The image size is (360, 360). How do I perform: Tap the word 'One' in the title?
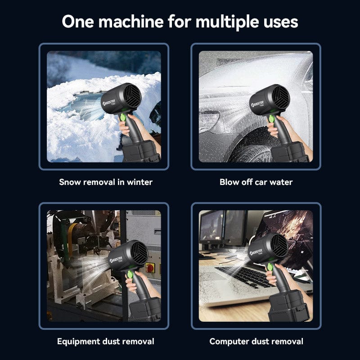(78, 22)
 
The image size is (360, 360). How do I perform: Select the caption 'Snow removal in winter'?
(106, 182)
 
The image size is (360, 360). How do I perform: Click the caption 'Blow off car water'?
(256, 182)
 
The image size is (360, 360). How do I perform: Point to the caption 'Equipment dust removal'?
(106, 342)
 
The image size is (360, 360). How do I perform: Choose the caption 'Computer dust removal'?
(256, 342)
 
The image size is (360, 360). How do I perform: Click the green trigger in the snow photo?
(123, 117)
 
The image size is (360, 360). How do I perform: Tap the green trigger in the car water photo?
(272, 119)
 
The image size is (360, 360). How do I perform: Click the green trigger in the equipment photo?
(130, 274)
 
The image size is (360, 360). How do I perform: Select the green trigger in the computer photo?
(270, 267)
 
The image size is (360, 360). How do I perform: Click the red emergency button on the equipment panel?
(150, 268)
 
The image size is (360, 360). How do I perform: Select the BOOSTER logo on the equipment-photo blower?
(116, 260)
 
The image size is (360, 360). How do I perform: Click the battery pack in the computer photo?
(288, 308)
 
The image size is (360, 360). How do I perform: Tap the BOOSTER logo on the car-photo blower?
(257, 104)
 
